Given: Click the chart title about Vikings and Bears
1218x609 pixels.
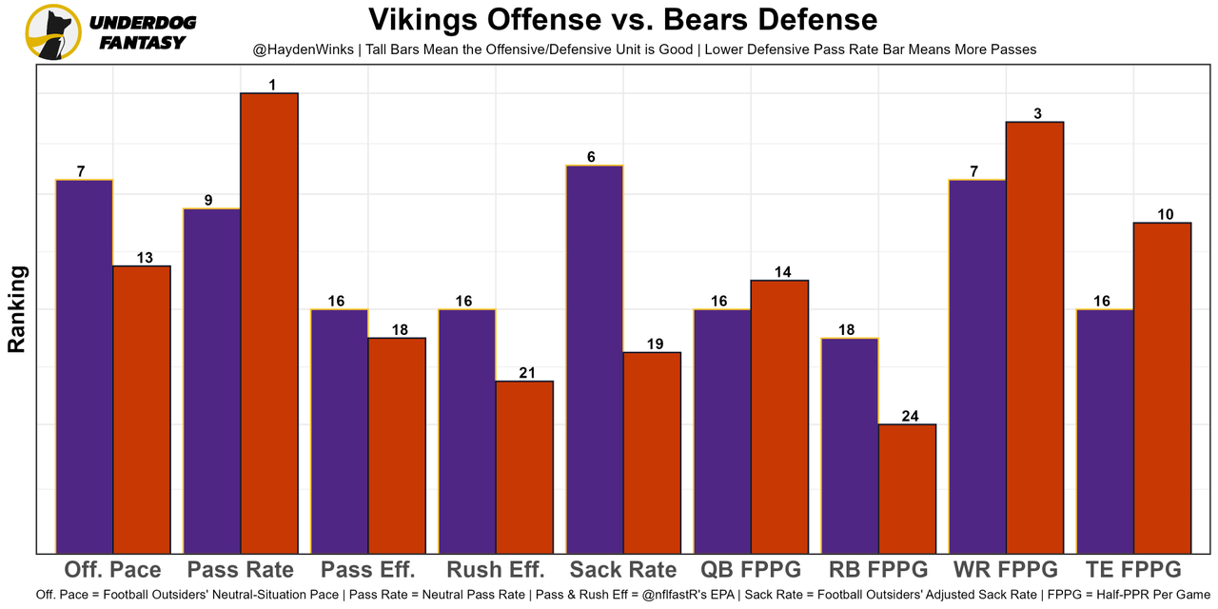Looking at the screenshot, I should point(622,19).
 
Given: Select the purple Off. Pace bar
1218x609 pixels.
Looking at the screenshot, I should point(85,365).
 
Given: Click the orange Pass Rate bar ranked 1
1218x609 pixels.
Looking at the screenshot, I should point(269,323).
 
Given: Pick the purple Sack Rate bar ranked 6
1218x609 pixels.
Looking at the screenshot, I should point(595,359).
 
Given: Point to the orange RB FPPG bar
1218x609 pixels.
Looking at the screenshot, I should point(907,488).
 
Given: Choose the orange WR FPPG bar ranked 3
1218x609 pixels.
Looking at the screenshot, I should point(1034,337).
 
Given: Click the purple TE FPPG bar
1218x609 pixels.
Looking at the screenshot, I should point(1105,430).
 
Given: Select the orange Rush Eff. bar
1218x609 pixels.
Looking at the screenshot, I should point(524,466).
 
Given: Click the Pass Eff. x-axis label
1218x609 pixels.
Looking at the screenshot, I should point(368,570).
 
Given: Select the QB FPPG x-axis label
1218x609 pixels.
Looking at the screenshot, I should point(751,570).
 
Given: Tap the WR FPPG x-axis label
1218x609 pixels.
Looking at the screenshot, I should point(1005,570).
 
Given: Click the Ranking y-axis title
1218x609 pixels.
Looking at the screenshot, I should point(17,309).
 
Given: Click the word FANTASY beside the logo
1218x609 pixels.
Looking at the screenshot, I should point(143,43).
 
